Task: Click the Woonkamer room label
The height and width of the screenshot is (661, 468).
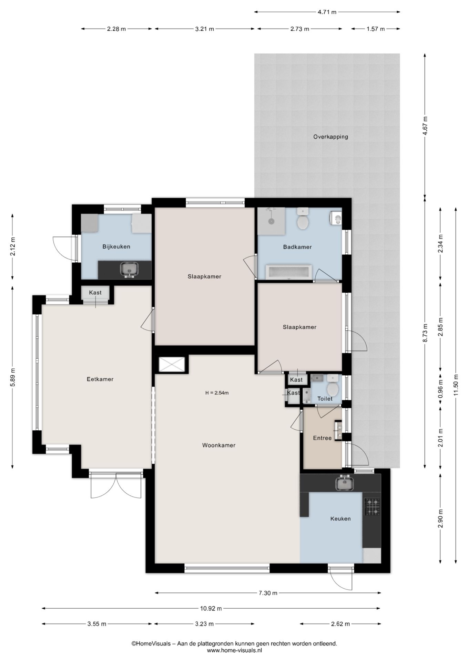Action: tap(219, 445)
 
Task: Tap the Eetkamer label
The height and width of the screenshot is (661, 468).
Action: tap(100, 379)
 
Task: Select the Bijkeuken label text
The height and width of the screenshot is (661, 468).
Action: tap(116, 246)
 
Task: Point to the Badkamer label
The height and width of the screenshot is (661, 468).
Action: tap(297, 247)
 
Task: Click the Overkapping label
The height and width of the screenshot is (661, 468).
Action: tap(330, 137)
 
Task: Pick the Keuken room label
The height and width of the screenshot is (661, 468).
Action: tap(340, 518)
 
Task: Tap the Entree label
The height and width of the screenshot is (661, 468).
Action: tap(322, 438)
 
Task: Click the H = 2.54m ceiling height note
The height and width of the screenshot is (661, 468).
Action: tap(217, 392)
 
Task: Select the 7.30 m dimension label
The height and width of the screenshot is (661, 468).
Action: tap(268, 593)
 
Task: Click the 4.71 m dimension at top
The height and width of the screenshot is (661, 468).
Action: tap(327, 12)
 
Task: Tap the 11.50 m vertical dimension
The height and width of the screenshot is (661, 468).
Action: tap(456, 386)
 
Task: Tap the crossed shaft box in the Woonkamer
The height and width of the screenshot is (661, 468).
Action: tap(172, 365)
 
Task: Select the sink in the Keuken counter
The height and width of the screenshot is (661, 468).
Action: tap(344, 483)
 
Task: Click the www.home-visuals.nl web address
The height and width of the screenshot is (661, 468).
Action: tap(234, 650)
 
